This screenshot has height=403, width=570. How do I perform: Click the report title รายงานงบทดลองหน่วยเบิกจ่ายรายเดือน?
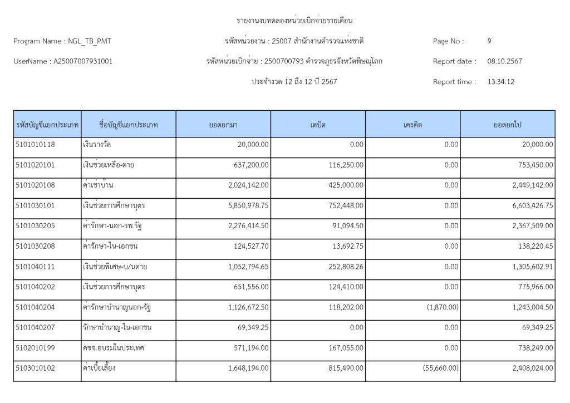295,21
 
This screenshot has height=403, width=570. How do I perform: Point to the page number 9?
489,41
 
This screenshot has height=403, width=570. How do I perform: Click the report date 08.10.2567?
504,61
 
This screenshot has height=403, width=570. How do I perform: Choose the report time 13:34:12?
500,82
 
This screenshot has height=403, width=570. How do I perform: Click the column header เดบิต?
318,125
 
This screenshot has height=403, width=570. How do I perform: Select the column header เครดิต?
412,125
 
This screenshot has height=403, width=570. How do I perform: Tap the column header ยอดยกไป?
507,125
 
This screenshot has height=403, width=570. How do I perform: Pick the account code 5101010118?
36,144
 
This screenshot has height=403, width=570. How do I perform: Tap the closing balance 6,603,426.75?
528,205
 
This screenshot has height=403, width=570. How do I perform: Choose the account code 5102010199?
36,347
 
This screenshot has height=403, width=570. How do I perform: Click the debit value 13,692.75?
346,246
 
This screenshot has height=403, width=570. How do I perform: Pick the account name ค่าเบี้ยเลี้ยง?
100,368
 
